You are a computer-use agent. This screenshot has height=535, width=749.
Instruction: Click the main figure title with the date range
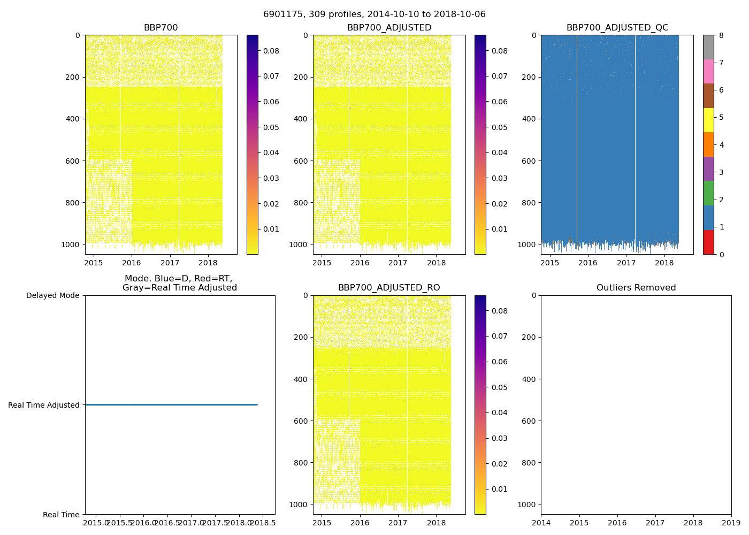pos(374,14)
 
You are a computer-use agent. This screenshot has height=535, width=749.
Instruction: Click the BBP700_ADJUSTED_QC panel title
pos(617,28)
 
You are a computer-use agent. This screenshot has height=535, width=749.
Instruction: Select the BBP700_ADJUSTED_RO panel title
pos(389,288)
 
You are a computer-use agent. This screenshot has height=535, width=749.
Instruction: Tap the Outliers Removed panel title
pos(636,288)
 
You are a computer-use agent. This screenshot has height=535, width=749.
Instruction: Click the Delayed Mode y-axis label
pos(52,295)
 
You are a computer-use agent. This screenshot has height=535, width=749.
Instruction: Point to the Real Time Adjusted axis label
pos(43,405)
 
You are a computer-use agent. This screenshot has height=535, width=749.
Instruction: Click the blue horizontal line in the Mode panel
pos(171,405)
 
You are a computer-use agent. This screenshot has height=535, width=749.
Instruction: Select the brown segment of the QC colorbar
pos(708,96)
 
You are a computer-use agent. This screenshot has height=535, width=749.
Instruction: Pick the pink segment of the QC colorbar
pos(708,71)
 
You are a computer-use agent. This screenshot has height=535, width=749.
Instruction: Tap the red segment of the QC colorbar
pos(708,242)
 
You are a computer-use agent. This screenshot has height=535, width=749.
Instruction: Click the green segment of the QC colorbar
pos(708,193)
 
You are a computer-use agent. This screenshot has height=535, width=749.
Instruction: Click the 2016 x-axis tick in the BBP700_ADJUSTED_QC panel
pos(588,263)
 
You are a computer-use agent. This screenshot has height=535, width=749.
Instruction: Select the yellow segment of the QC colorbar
pos(708,120)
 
